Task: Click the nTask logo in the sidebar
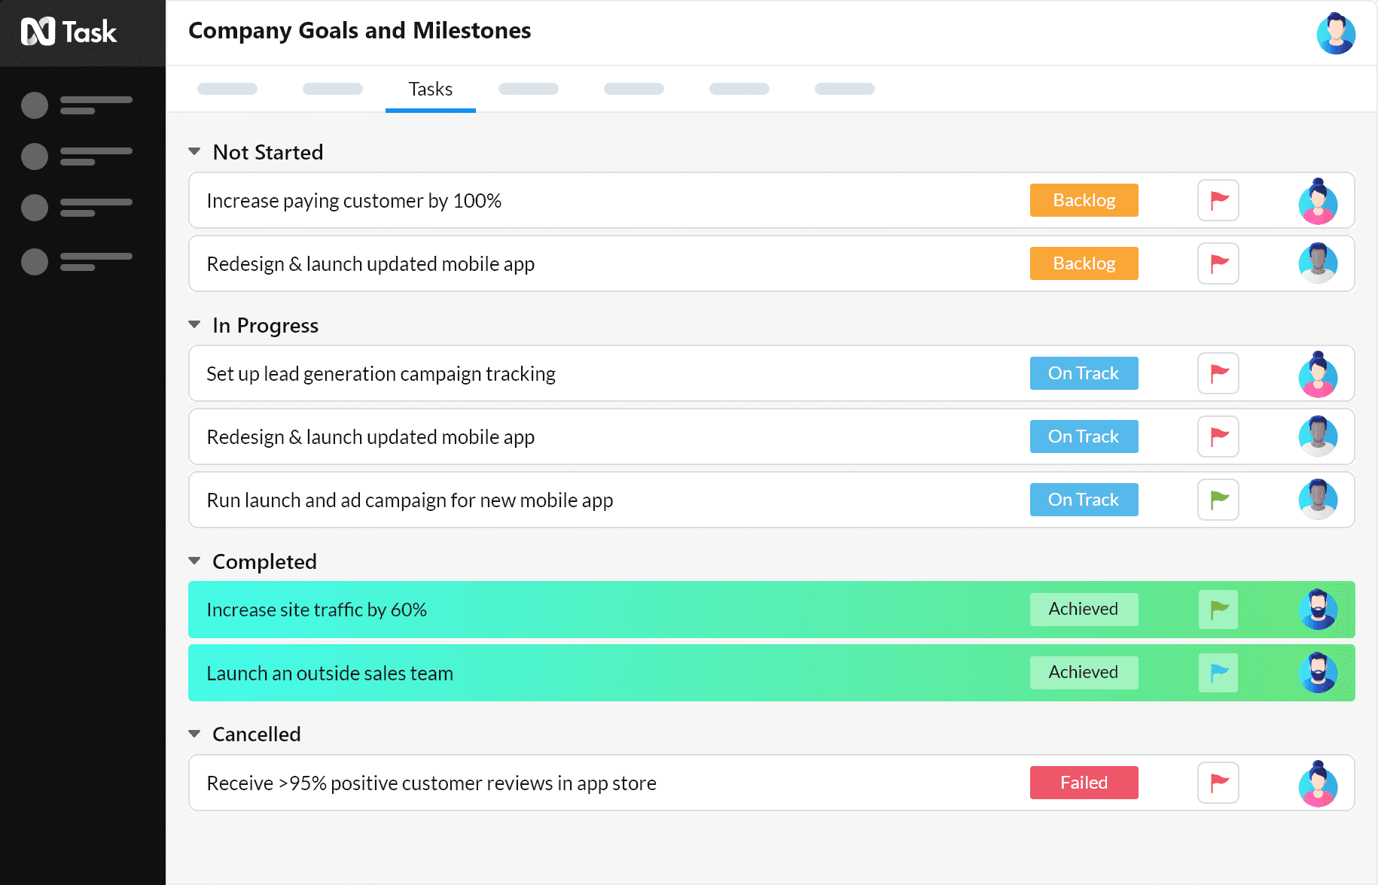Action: (69, 32)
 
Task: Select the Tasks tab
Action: (430, 90)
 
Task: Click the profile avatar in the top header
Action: (1336, 33)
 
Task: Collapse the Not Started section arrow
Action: (194, 152)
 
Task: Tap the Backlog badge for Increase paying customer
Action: (1084, 200)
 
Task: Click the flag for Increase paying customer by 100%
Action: (1218, 200)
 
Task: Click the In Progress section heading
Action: (265, 325)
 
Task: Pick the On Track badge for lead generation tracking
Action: (1084, 373)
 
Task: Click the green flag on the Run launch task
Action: (1218, 500)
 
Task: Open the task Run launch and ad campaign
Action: (410, 500)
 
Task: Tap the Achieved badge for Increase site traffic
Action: (1084, 610)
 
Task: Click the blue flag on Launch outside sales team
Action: (1218, 673)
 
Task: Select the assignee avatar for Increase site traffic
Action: (1318, 610)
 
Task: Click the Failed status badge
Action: (1084, 783)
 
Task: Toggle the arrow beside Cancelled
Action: (194, 734)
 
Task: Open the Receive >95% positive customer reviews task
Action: (431, 783)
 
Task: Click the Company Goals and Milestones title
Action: (359, 31)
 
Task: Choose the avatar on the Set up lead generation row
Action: (1318, 374)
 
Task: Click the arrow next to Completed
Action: (194, 561)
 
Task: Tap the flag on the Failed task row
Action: (1218, 783)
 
